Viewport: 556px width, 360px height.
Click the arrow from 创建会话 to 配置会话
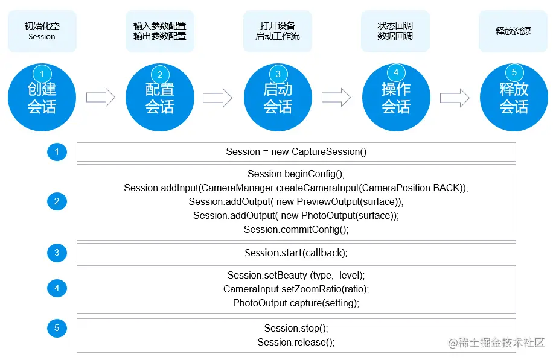pos(101,98)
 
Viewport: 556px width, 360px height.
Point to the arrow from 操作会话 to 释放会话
pos(455,98)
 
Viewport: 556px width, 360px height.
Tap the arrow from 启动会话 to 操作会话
pos(336,98)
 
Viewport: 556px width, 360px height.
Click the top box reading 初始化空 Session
pos(42,31)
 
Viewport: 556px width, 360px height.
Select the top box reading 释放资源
pos(513,31)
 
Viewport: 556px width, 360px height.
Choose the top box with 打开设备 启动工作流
pos(278,31)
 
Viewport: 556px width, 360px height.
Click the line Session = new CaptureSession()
pos(296,152)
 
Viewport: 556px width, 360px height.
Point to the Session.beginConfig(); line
pos(296,174)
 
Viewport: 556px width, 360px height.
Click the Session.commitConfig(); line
pos(296,230)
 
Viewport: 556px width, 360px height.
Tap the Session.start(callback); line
pos(296,253)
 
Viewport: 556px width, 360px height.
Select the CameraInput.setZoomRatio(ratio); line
pos(296,289)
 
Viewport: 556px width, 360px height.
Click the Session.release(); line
pos(296,343)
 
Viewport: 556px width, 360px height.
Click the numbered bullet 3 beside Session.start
pos(57,253)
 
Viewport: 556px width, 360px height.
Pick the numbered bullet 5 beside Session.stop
pos(57,328)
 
